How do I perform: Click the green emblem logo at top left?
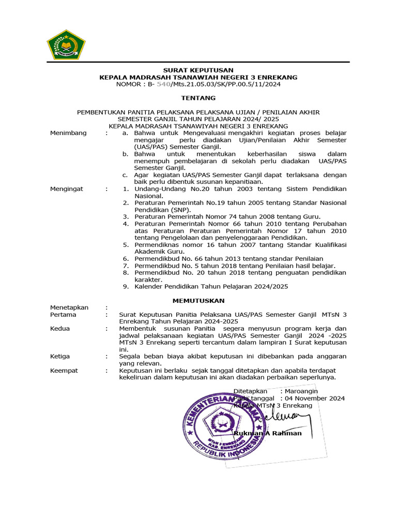[x=66, y=44]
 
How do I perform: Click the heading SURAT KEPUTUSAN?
[x=198, y=70]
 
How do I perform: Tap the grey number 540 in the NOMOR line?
[x=163, y=84]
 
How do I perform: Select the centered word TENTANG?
[x=198, y=98]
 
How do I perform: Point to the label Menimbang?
[x=68, y=133]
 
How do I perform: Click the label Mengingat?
[x=67, y=189]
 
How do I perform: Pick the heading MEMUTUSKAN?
[x=198, y=300]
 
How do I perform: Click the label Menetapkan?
[x=69, y=307]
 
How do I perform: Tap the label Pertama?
[x=63, y=314]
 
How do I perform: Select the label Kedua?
[x=60, y=328]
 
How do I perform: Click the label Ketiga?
[x=60, y=356]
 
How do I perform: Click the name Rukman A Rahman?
[x=267, y=433]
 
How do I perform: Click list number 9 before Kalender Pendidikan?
[x=125, y=286]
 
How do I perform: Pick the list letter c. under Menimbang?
[x=125, y=175]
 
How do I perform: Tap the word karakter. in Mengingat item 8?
[x=148, y=279]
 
